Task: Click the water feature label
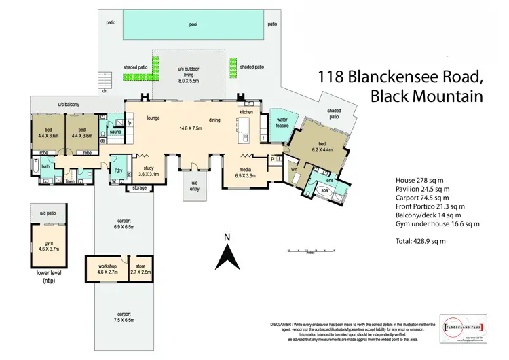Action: pos(282,122)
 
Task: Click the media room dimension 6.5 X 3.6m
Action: pos(246,175)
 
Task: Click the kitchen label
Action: pos(246,111)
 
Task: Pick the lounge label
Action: pos(153,118)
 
